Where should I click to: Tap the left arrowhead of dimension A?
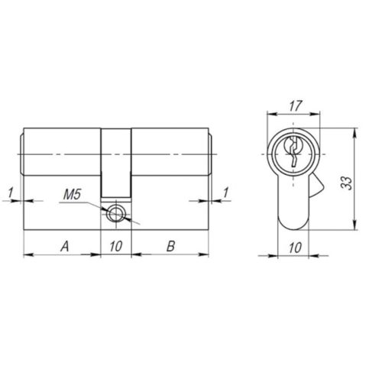tap(29, 254)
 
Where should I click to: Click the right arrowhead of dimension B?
tap(207, 254)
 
